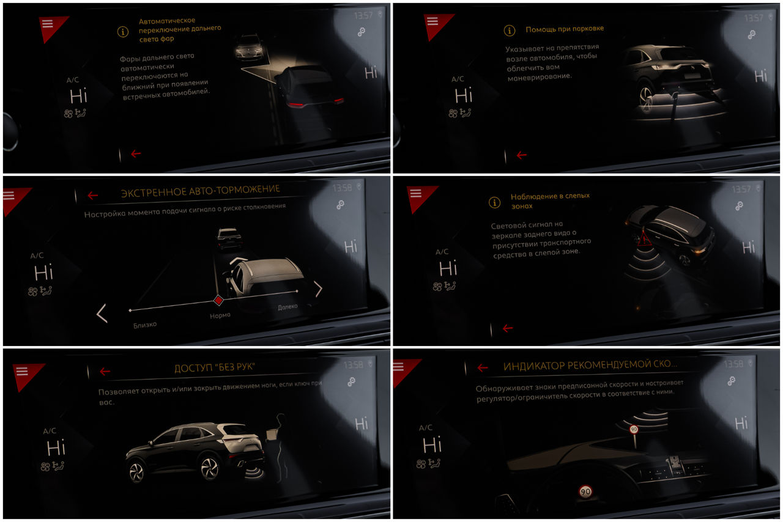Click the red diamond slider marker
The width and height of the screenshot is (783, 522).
tap(218, 300)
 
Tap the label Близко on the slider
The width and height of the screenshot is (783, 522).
tap(145, 325)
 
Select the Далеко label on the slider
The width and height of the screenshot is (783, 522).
tap(288, 307)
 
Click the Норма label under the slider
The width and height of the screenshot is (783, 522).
tap(220, 315)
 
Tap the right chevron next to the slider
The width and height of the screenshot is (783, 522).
tap(319, 289)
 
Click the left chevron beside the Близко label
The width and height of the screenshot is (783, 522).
tap(102, 313)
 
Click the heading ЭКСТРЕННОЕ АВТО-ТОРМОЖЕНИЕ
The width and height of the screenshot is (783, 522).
tap(200, 191)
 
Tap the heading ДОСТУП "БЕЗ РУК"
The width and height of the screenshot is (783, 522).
tap(215, 367)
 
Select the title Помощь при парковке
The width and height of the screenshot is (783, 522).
tap(565, 29)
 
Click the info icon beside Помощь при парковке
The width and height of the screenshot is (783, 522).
tap(510, 31)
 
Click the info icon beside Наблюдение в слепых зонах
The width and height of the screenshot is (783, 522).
tap(494, 202)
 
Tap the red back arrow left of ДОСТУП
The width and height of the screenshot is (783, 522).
tap(105, 371)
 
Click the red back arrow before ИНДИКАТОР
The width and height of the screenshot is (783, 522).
tap(483, 367)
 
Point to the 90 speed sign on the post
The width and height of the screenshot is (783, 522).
tap(634, 429)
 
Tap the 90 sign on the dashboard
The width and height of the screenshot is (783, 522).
tap(585, 491)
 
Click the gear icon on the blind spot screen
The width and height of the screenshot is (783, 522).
tap(739, 206)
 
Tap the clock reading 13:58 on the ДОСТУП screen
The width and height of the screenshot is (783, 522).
tap(353, 365)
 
